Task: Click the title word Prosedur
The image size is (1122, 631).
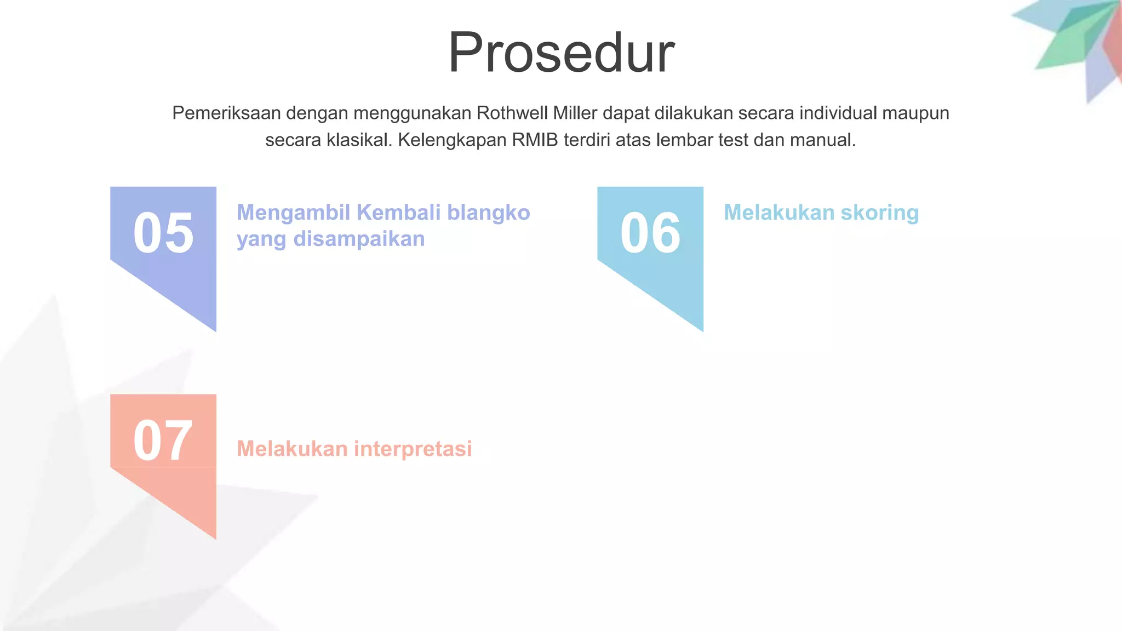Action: point(561,53)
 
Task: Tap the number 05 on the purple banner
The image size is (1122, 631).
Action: point(163,233)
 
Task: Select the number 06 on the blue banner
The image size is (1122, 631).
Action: point(650,233)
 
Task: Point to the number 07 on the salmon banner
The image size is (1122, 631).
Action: point(163,440)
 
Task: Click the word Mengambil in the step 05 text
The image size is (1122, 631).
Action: point(293,213)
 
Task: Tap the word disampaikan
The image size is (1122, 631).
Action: point(359,239)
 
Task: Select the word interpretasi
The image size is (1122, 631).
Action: point(413,449)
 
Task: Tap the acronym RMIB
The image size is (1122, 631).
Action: point(535,140)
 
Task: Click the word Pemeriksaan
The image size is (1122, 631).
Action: point(226,113)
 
